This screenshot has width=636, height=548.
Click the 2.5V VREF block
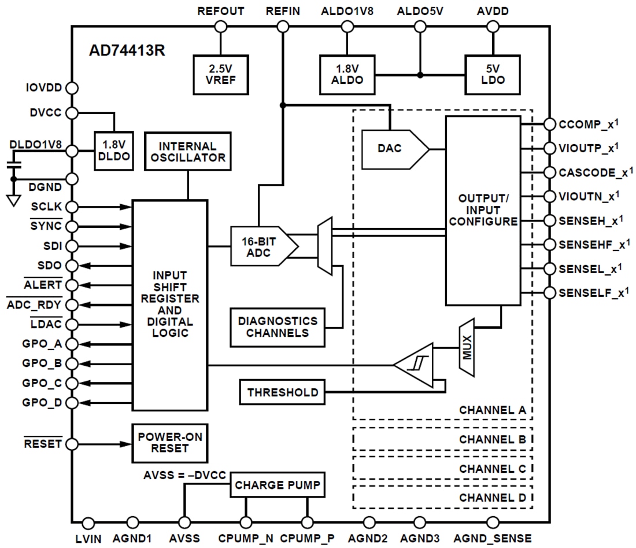[x=220, y=75]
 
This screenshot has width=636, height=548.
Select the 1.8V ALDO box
[x=347, y=75]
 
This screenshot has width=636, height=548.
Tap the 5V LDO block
[x=492, y=75]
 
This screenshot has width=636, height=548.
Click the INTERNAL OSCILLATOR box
[x=187, y=152]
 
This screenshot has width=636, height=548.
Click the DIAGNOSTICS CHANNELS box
[x=277, y=327]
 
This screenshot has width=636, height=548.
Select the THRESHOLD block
[x=282, y=392]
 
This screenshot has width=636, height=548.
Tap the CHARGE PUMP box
[x=277, y=485]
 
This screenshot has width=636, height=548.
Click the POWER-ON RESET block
[x=169, y=443]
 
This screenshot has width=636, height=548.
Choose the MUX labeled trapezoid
[x=467, y=347]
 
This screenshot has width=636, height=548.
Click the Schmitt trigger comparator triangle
[x=415, y=365]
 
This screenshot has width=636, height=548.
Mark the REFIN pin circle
[x=283, y=26]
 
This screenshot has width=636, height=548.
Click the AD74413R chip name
[x=127, y=50]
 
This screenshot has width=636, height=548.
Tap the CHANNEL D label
[x=492, y=496]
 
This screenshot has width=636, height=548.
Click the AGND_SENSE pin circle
[x=492, y=523]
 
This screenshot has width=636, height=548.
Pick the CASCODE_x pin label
[x=593, y=172]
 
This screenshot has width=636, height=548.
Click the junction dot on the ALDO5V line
[x=420, y=75]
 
